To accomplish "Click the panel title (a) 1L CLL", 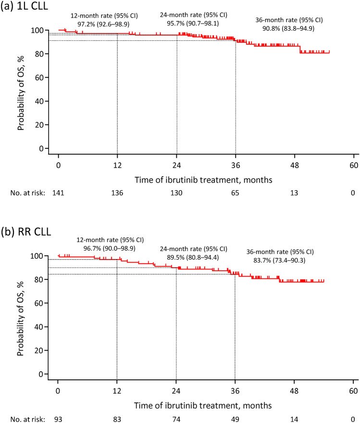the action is coord(25,5).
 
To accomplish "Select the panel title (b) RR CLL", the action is coord(26,232).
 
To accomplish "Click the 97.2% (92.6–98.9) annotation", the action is coord(103,24).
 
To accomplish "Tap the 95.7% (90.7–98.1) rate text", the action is coord(193,24).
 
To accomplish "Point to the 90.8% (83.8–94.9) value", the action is coord(288,28).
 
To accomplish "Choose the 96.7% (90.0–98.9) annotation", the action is coord(110,248).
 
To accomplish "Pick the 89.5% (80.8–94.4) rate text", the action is coord(193,257).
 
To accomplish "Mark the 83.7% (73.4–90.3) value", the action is coord(279,260).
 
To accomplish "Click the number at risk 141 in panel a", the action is coord(58,193).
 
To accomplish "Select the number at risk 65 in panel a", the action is coord(235,193).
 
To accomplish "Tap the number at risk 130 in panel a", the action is coord(176,193).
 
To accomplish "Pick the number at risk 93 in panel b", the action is coord(58,419).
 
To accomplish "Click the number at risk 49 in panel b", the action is coord(235,419).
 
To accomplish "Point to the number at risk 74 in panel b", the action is coord(176,419).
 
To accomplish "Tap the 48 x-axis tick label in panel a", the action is coord(295,165).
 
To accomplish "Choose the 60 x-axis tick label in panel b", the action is coord(353,391).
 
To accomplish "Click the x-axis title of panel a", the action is coord(203,180).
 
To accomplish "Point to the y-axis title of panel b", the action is coord(21,319).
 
